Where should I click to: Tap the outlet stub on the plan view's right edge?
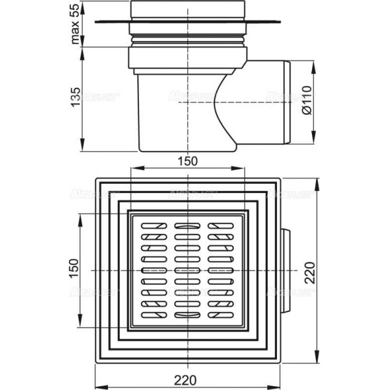[285, 268]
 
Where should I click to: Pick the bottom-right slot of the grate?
[221, 314]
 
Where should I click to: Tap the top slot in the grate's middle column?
[187, 226]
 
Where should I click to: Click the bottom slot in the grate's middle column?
[187, 315]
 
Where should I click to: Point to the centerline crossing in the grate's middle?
[188, 269]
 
